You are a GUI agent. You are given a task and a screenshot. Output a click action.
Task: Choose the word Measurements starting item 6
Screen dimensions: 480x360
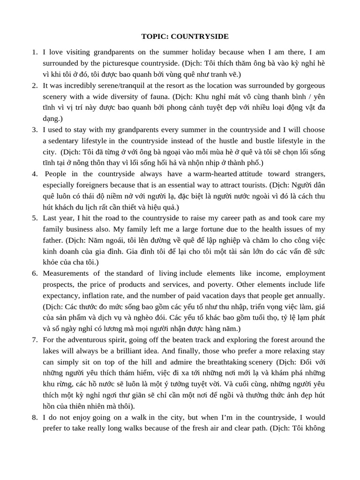pos(66,273)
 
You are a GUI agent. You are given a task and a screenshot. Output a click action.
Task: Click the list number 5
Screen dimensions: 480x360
pos(35,218)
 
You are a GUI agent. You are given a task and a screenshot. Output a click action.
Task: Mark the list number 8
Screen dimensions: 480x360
pos(35,417)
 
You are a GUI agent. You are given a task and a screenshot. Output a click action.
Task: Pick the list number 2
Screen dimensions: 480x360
pos(35,85)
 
